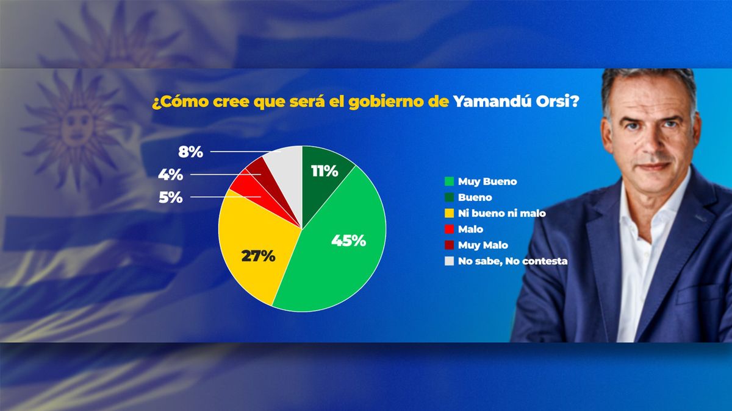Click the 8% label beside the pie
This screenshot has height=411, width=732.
point(190,152)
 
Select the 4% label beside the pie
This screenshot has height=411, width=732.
point(171,175)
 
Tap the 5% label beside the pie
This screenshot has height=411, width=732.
point(171,197)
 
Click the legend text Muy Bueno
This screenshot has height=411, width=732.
point(487,181)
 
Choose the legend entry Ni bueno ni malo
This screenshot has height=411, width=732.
point(501,213)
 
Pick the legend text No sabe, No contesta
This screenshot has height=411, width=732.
point(512,261)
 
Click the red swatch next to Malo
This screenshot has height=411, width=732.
point(450,230)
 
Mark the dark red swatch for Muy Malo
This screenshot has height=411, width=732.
point(450,245)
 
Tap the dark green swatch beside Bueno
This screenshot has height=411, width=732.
point(450,197)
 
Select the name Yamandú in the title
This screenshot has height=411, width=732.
point(492,102)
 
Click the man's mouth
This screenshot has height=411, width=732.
point(652,166)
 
